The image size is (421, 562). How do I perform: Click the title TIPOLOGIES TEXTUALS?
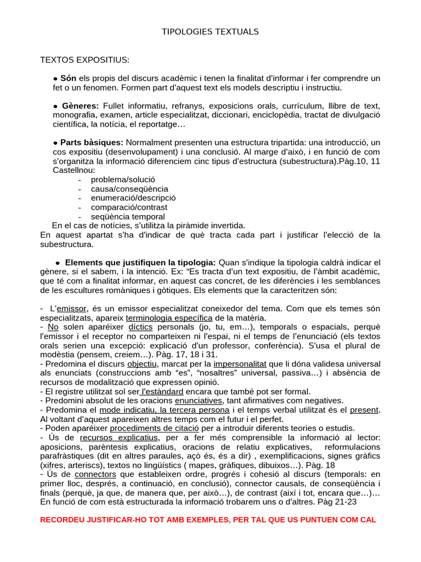210,32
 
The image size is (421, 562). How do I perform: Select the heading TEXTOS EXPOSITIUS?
85,59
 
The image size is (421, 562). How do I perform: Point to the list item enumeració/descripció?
133,198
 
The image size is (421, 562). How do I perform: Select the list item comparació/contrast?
129,207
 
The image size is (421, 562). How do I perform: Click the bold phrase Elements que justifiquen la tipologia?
140,262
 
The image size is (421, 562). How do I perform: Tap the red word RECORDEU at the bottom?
64,520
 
